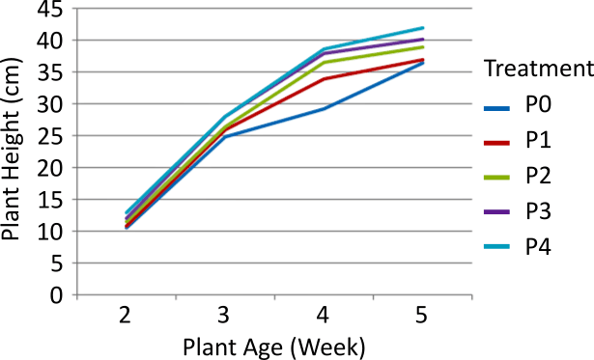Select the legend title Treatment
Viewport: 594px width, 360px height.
pyautogui.click(x=537, y=69)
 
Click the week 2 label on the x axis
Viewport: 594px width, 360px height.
pyautogui.click(x=127, y=317)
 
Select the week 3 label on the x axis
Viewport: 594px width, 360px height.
pyautogui.click(x=225, y=317)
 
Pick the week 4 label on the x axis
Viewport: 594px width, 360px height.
pyautogui.click(x=324, y=317)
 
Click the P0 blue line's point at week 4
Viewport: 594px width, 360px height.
pyautogui.click(x=324, y=108)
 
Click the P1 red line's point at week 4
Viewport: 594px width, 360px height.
pyautogui.click(x=324, y=79)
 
